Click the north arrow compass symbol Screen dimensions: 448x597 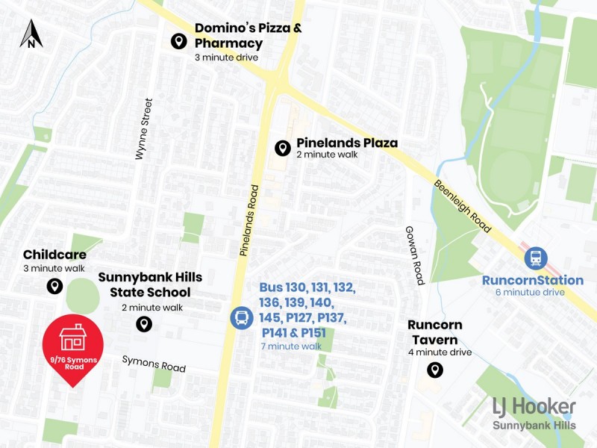[x=31, y=34]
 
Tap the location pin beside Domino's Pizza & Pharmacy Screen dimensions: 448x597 [x=178, y=41]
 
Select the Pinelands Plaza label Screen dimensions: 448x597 [x=347, y=143]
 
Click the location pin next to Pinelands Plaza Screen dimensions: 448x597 [x=282, y=148]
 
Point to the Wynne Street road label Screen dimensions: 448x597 [x=144, y=128]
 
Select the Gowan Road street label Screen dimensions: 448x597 [x=414, y=255]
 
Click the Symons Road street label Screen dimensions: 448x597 [x=154, y=364]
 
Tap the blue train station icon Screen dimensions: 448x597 [x=535, y=259]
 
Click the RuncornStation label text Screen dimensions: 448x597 [x=533, y=281]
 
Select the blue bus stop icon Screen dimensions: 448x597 [x=241, y=318]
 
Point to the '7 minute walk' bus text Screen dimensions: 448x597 [x=291, y=346]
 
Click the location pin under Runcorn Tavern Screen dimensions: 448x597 [x=434, y=370]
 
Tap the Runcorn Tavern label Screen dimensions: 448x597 [x=434, y=332]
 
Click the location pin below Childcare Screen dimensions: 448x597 [x=54, y=286]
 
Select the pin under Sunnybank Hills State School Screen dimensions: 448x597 [x=143, y=323]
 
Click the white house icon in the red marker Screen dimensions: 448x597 [x=72, y=337]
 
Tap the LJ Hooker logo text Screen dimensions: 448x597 [x=534, y=407]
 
